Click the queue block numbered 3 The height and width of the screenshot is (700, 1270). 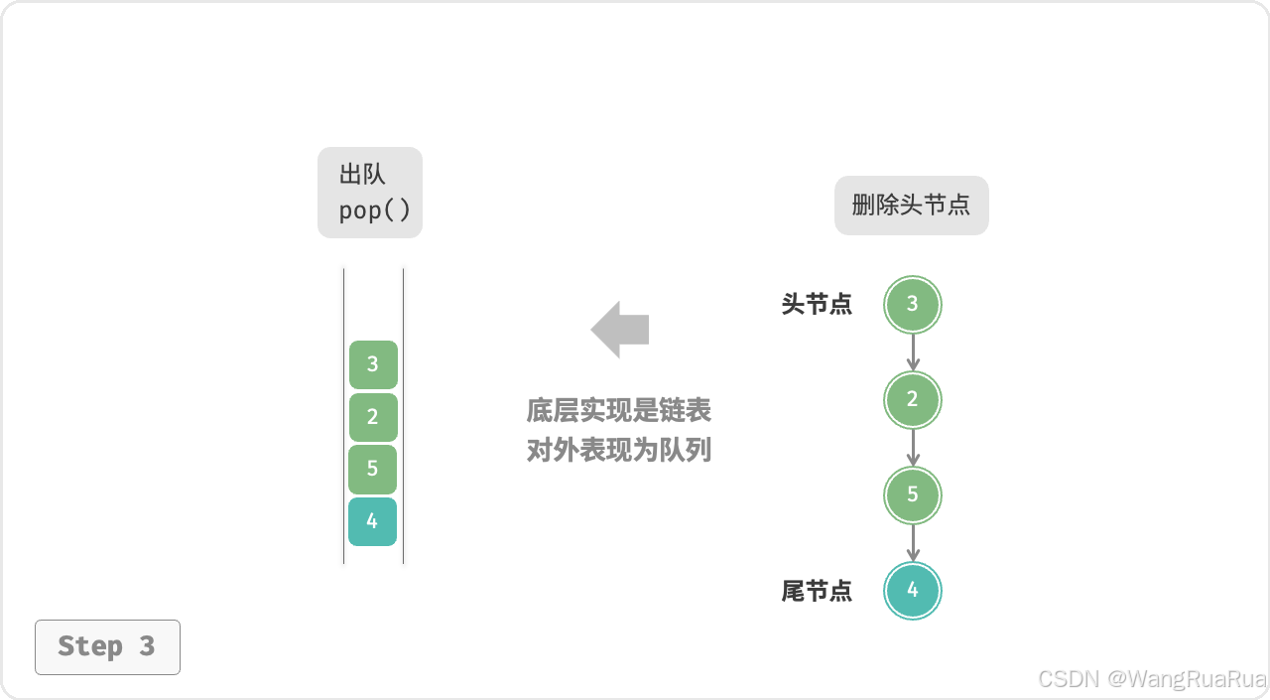[x=373, y=364]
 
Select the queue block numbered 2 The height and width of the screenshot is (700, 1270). [x=373, y=417]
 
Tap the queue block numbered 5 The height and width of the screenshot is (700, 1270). [x=373, y=469]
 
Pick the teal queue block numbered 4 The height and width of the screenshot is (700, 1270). [x=373, y=521]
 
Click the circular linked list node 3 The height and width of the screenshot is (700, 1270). [x=913, y=304]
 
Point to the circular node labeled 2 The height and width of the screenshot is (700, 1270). [x=913, y=399]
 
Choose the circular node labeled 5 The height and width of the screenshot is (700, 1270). [x=913, y=494]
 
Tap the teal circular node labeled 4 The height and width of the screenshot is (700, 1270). [x=913, y=590]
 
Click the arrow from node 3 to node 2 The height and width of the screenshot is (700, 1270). [x=913, y=351]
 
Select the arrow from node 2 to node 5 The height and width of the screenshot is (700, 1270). [x=913, y=447]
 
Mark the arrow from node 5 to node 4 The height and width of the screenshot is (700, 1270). [x=913, y=542]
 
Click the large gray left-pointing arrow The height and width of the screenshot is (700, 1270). [x=620, y=329]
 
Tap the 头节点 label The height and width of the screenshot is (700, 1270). [x=817, y=305]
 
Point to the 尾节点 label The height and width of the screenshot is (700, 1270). [x=817, y=591]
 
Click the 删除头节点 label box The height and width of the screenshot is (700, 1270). [x=911, y=206]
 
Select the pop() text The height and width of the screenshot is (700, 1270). [x=374, y=210]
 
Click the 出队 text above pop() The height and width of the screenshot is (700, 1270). [x=362, y=175]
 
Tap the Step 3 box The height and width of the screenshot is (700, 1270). [x=107, y=646]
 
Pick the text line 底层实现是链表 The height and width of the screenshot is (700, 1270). [x=619, y=410]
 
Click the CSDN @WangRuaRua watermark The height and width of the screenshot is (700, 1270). [x=1152, y=679]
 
